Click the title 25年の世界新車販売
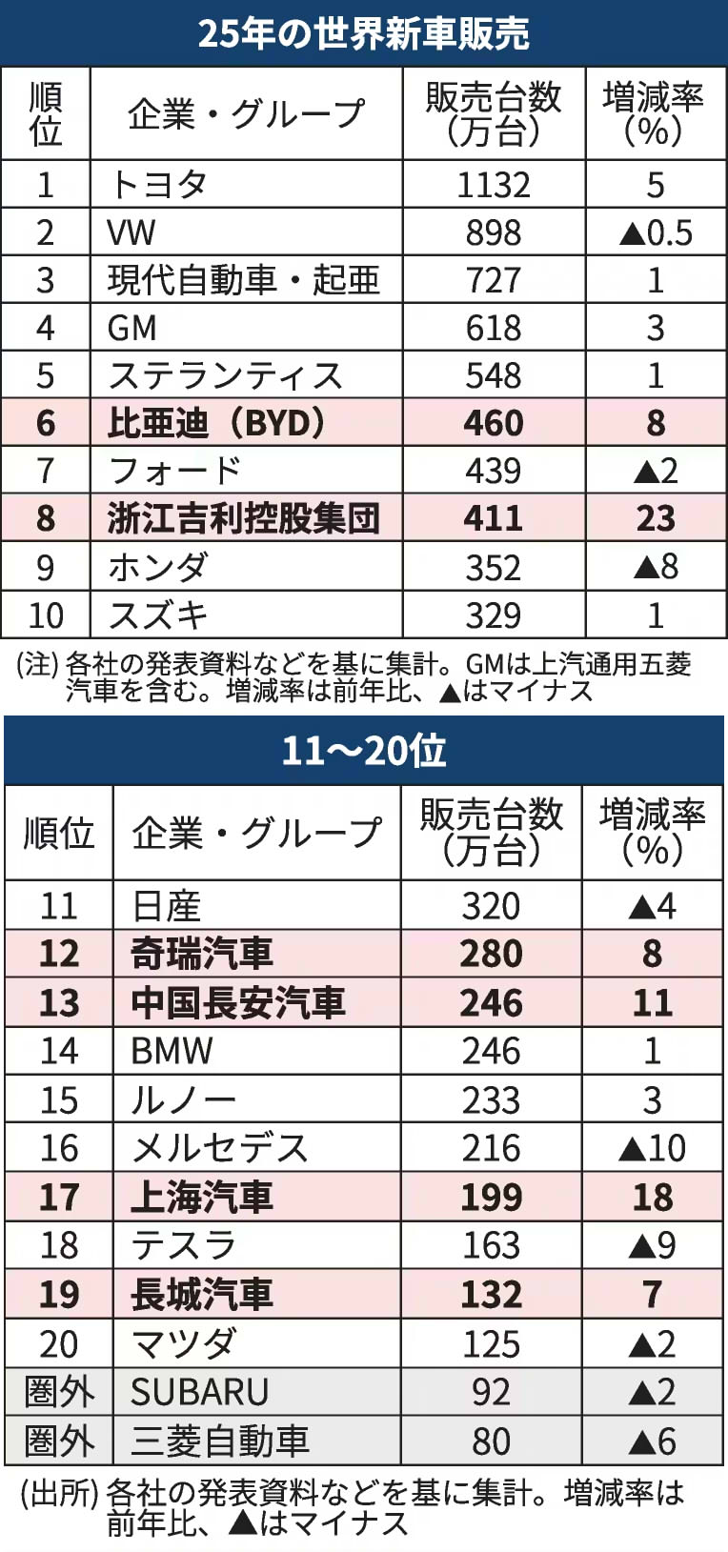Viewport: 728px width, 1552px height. (363, 33)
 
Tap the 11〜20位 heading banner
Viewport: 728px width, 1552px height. (363, 751)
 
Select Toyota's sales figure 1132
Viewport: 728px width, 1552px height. (494, 185)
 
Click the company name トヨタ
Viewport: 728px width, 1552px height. (158, 185)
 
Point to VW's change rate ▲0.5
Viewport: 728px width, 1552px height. (656, 232)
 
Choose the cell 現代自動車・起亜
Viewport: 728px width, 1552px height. (243, 280)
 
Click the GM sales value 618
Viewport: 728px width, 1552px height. (494, 328)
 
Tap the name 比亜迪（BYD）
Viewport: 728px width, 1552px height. (217, 423)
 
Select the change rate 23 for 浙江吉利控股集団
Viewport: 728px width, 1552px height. (656, 518)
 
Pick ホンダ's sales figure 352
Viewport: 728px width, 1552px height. (494, 568)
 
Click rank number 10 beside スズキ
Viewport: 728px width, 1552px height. (46, 615)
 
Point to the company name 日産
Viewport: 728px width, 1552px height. (166, 906)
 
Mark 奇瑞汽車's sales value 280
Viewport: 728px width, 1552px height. (492, 954)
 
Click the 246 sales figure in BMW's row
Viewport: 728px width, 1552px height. (492, 1051)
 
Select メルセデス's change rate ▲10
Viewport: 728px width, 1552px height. (653, 1148)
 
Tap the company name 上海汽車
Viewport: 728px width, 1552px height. (202, 1198)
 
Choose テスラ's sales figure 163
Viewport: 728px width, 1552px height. (492, 1245)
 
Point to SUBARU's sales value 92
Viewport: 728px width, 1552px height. (492, 1392)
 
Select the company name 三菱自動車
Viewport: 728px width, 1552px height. (220, 1441)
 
